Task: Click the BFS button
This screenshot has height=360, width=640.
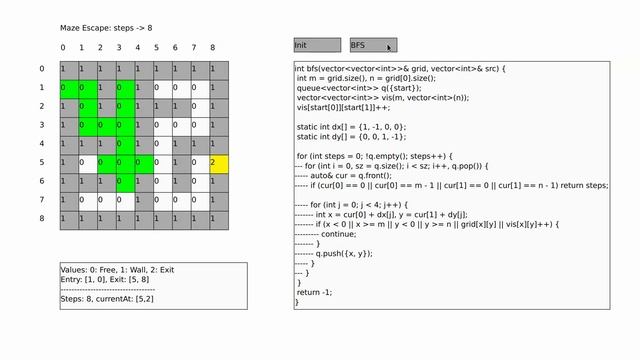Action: click(372, 45)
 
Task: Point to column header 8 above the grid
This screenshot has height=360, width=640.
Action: click(212, 48)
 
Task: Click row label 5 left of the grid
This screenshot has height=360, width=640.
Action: click(41, 162)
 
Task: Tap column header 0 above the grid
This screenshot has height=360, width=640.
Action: click(63, 48)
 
